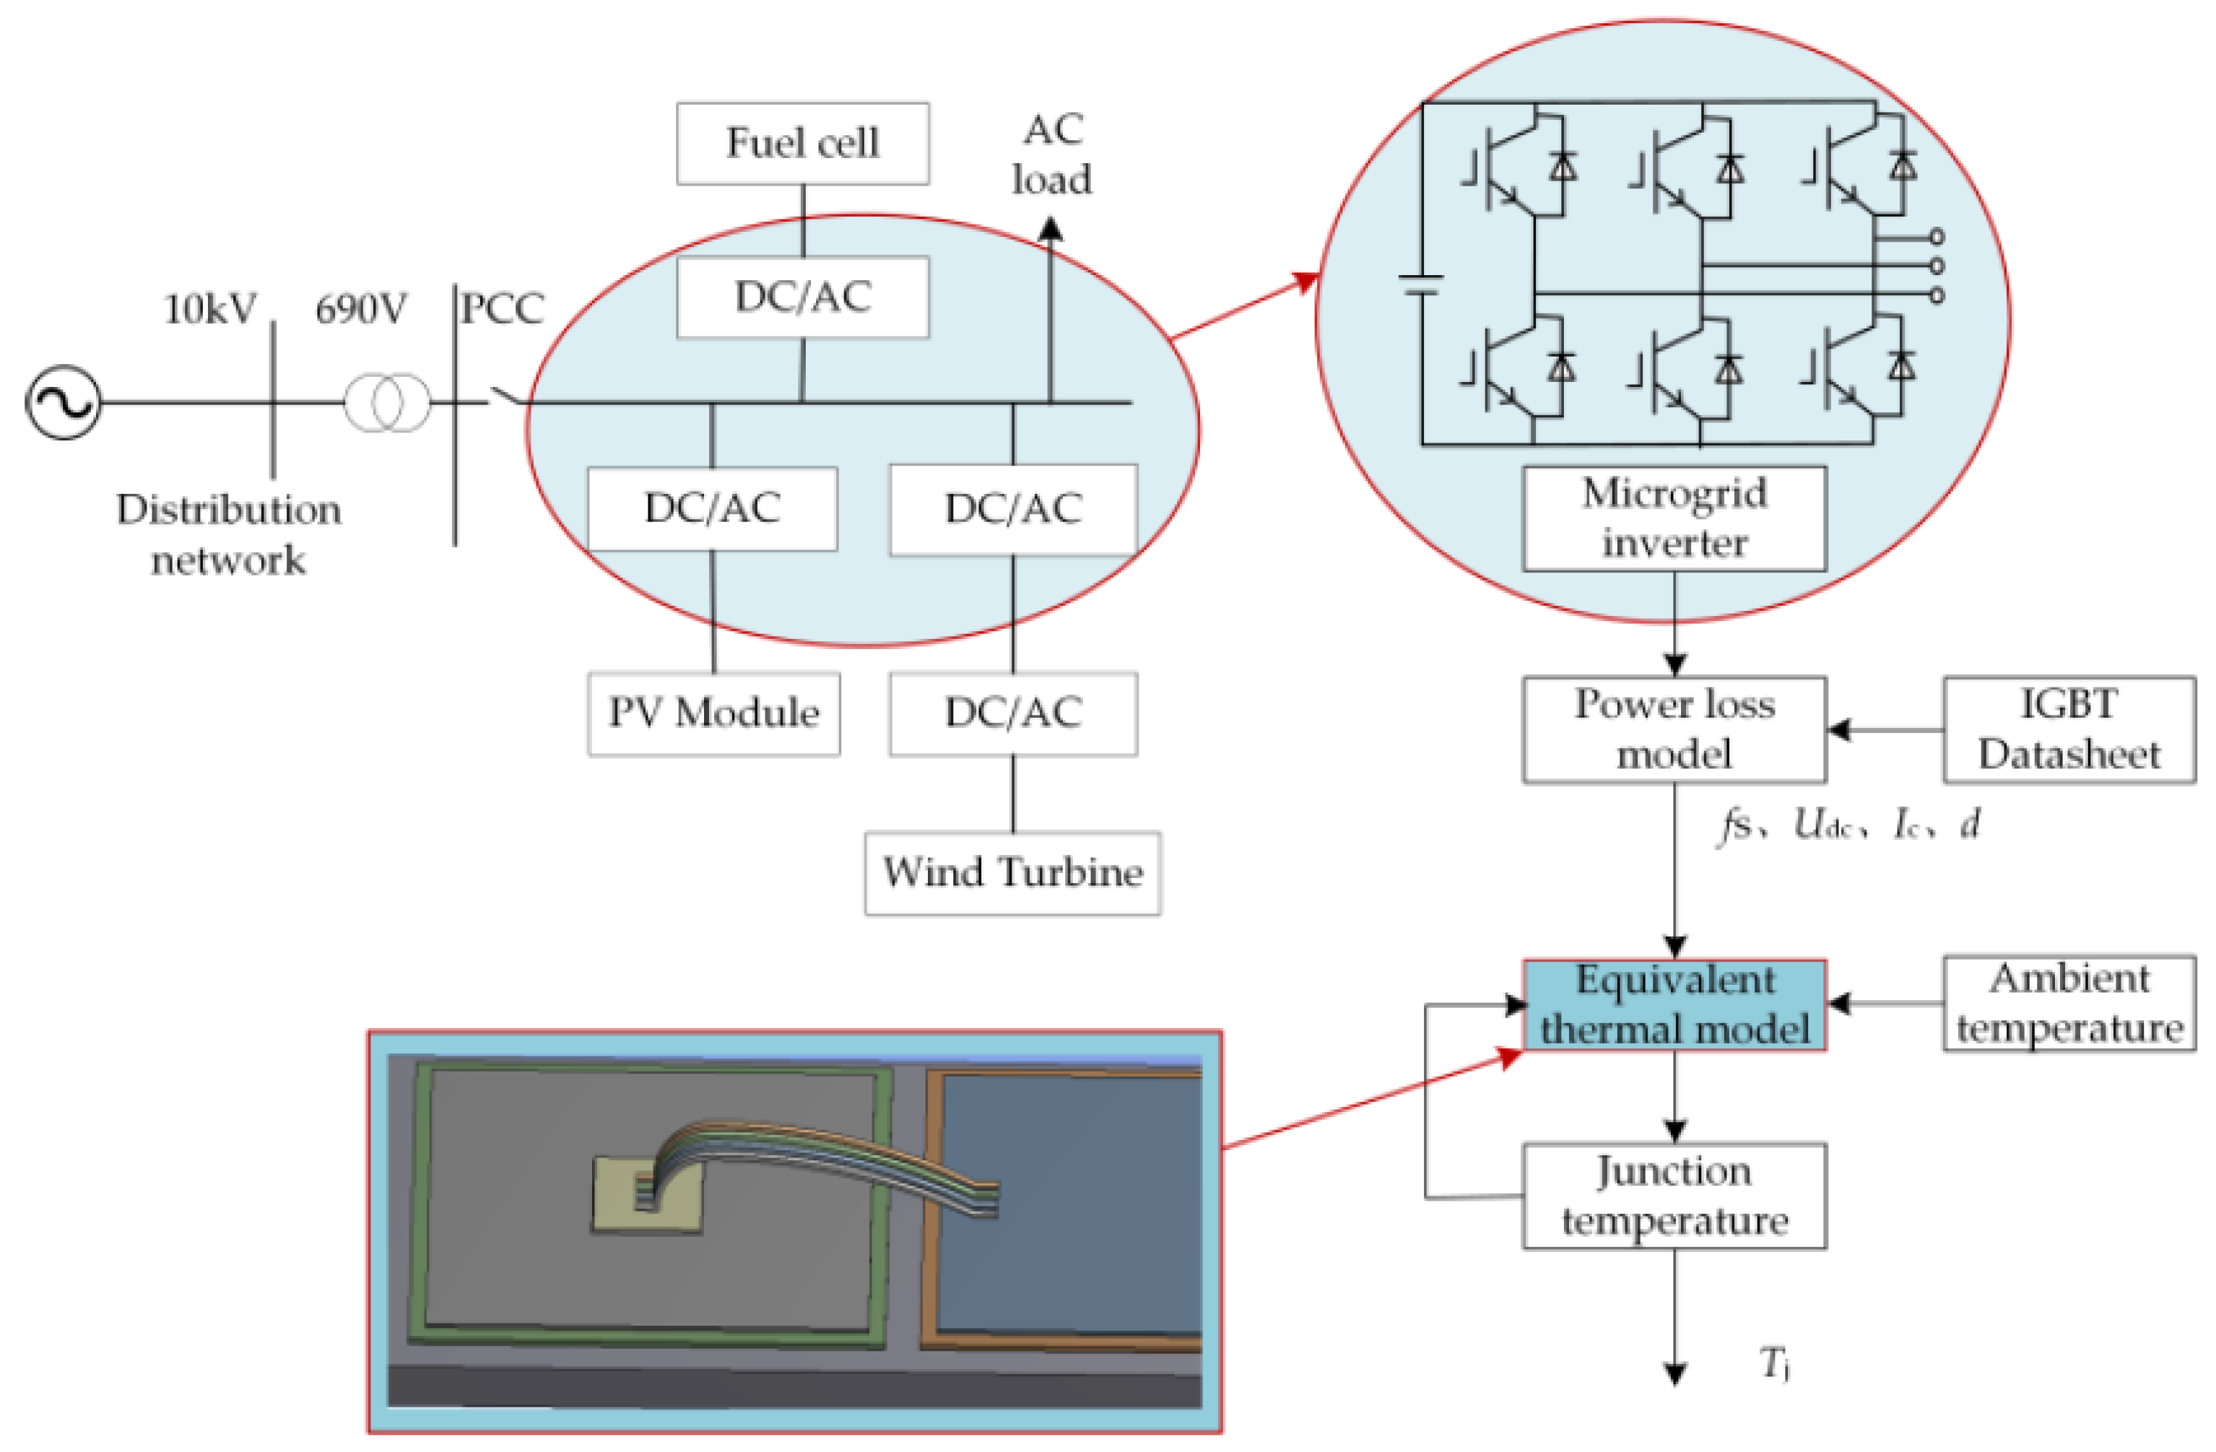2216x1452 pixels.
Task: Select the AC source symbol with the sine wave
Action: click(x=62, y=402)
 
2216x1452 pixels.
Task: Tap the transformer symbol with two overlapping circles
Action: click(x=387, y=402)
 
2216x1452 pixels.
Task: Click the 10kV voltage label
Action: click(x=210, y=309)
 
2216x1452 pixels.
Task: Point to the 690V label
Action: click(x=361, y=309)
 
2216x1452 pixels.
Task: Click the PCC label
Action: click(x=503, y=309)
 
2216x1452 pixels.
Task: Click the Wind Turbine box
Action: click(x=1012, y=873)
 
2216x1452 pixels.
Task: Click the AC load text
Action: click(x=1051, y=155)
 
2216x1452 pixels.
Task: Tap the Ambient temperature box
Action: click(x=2068, y=1004)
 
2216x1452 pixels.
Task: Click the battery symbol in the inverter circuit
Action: click(x=1422, y=284)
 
